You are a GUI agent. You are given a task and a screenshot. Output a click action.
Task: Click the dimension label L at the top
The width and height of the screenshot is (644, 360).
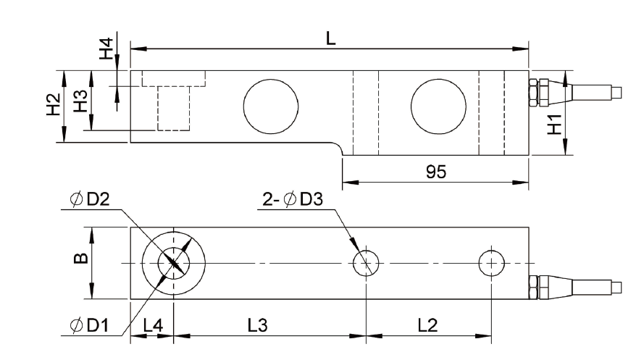330,38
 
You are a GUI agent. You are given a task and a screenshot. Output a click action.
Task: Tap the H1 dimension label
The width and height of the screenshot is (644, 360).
554,125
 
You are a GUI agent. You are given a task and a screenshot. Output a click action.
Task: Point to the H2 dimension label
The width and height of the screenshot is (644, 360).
52,106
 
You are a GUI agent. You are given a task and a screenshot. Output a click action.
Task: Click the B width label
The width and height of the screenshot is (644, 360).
82,257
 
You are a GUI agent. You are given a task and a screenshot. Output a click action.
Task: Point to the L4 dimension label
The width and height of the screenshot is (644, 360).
152,325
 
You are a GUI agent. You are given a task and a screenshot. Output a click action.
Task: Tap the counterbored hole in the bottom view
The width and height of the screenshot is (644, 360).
174,262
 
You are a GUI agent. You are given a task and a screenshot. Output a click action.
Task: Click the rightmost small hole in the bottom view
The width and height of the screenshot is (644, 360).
492,262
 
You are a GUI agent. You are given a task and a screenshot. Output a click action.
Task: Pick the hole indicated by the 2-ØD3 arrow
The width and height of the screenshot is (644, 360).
367,262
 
